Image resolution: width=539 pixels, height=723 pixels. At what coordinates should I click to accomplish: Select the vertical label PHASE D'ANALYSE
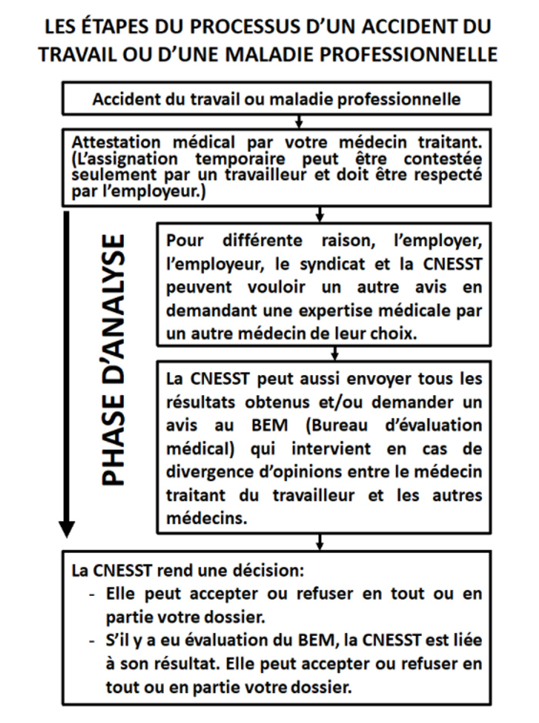pyautogui.click(x=114, y=359)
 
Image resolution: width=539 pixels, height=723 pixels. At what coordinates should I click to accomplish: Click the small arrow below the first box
pyautogui.click(x=300, y=120)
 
